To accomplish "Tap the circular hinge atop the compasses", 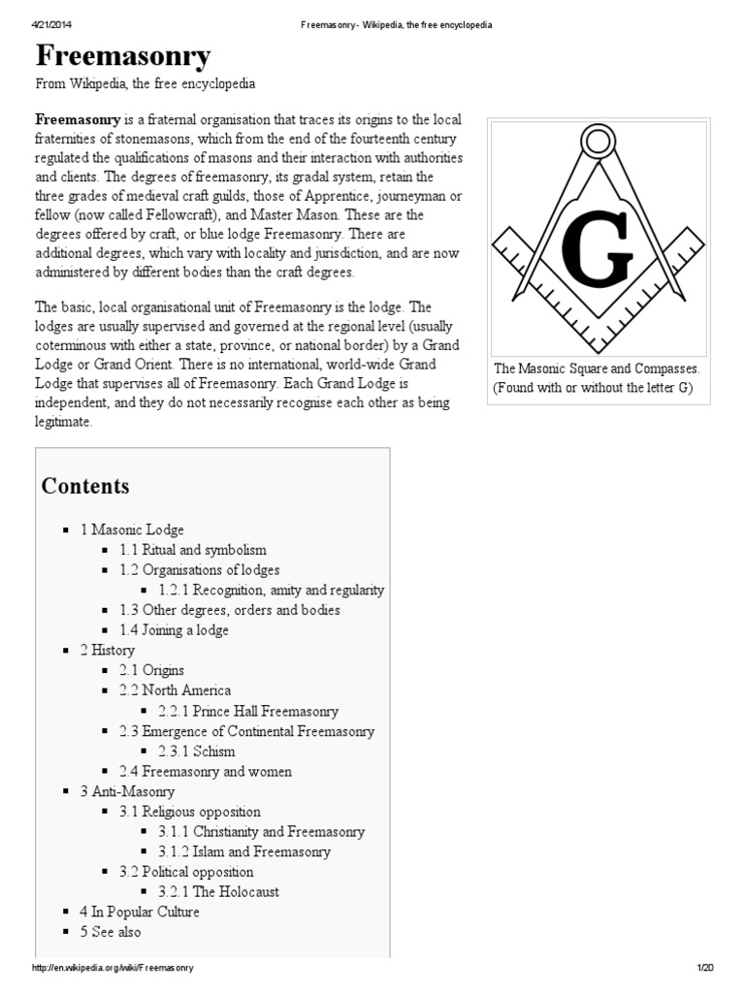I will point(599,144).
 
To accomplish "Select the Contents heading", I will point(85,486).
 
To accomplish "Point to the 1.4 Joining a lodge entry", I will point(174,630).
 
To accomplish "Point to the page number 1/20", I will point(704,969).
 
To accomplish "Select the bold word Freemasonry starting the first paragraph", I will point(78,120).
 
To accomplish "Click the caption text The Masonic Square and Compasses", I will point(598,369).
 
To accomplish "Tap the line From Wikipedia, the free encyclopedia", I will point(146,84).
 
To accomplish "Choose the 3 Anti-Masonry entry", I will point(127,791).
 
